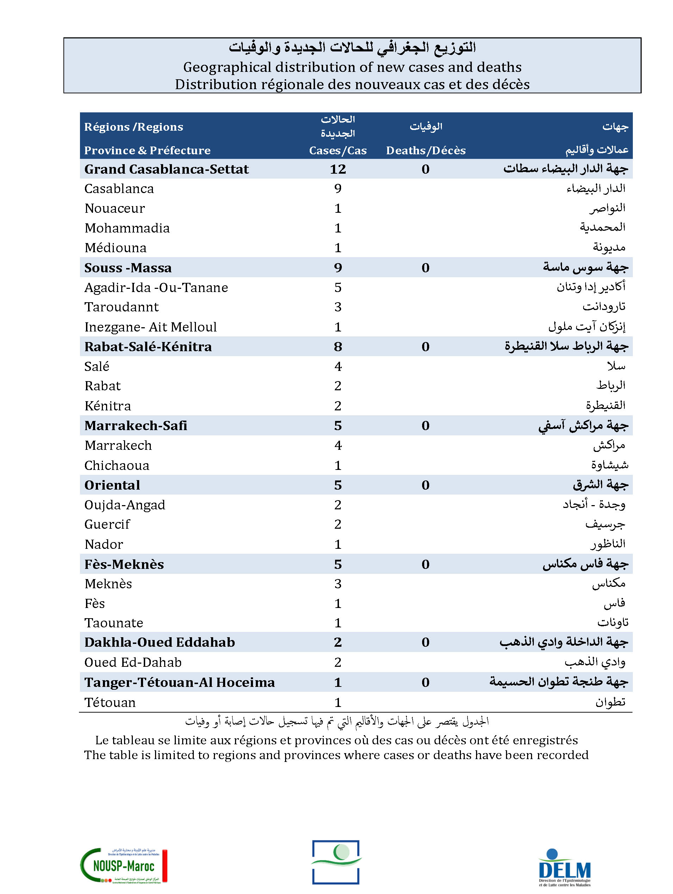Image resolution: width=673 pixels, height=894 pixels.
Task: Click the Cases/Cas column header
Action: point(338,150)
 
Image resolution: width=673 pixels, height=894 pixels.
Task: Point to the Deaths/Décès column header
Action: point(426,150)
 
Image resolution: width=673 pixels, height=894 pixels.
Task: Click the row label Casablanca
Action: point(119,189)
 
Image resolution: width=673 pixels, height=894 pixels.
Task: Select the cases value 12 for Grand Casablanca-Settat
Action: point(338,169)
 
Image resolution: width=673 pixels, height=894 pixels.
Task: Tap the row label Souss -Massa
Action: point(128,268)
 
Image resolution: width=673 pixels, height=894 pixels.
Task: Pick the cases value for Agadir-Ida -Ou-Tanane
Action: point(338,287)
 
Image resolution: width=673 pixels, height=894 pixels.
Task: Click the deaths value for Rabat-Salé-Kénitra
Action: point(425,346)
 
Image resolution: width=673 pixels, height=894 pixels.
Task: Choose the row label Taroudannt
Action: point(121,307)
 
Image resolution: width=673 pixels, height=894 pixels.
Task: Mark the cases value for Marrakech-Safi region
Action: point(338,426)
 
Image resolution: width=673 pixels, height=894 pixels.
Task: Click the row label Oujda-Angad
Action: point(124,505)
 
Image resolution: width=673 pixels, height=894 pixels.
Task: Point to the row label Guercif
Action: point(107,524)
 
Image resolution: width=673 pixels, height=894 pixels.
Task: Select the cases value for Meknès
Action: point(338,584)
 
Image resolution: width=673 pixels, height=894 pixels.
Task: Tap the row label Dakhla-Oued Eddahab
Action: point(159,642)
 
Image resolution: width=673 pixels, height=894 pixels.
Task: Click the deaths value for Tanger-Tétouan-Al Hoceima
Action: point(425,682)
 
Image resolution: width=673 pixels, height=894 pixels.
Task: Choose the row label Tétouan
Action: point(110,702)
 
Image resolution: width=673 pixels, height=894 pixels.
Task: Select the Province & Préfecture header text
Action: point(147,150)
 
